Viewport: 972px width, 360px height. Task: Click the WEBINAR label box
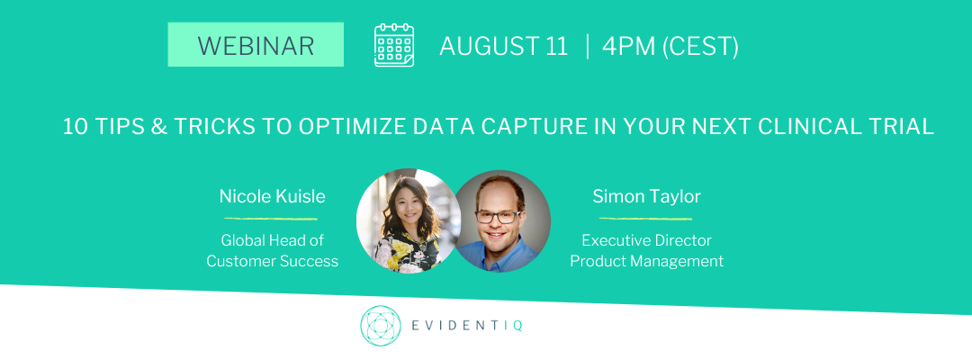256,45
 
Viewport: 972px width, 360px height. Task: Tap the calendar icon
394,45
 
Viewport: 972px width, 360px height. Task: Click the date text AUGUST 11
503,47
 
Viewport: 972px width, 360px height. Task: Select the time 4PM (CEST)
670,47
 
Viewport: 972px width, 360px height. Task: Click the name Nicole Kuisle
272,196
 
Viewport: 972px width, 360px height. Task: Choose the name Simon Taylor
646,196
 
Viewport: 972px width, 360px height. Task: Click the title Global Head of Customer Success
272,250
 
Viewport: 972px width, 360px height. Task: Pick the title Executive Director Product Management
646,250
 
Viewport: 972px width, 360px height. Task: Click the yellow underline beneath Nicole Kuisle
271,219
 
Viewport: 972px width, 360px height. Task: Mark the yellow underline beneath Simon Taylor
645,219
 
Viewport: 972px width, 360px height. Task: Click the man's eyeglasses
499,217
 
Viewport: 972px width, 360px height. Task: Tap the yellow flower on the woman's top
401,249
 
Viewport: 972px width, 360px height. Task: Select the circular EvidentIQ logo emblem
381,325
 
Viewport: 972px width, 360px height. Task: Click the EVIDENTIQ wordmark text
467,325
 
